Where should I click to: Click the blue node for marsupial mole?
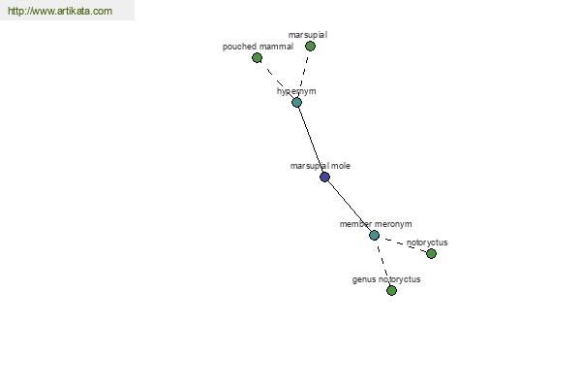point(324,177)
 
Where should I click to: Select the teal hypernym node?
point(296,103)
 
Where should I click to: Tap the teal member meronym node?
point(374,235)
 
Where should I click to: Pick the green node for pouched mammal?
point(257,57)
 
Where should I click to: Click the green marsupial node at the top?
point(310,46)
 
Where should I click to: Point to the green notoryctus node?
point(431,253)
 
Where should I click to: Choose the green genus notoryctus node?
point(391,290)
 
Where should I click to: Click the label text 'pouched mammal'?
point(258,47)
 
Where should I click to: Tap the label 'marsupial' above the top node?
point(308,35)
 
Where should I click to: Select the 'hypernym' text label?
point(296,91)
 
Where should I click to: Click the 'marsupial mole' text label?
point(321,166)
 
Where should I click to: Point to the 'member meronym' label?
point(376,224)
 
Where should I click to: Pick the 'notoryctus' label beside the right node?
point(427,242)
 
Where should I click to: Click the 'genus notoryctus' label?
point(386,279)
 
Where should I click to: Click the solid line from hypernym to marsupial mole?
point(311,140)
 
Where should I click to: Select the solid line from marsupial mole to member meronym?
point(350,206)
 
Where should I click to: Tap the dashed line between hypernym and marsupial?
point(303,75)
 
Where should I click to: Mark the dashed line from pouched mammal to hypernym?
point(277,81)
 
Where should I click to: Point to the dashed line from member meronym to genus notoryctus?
point(382,263)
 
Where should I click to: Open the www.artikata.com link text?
point(60,11)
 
